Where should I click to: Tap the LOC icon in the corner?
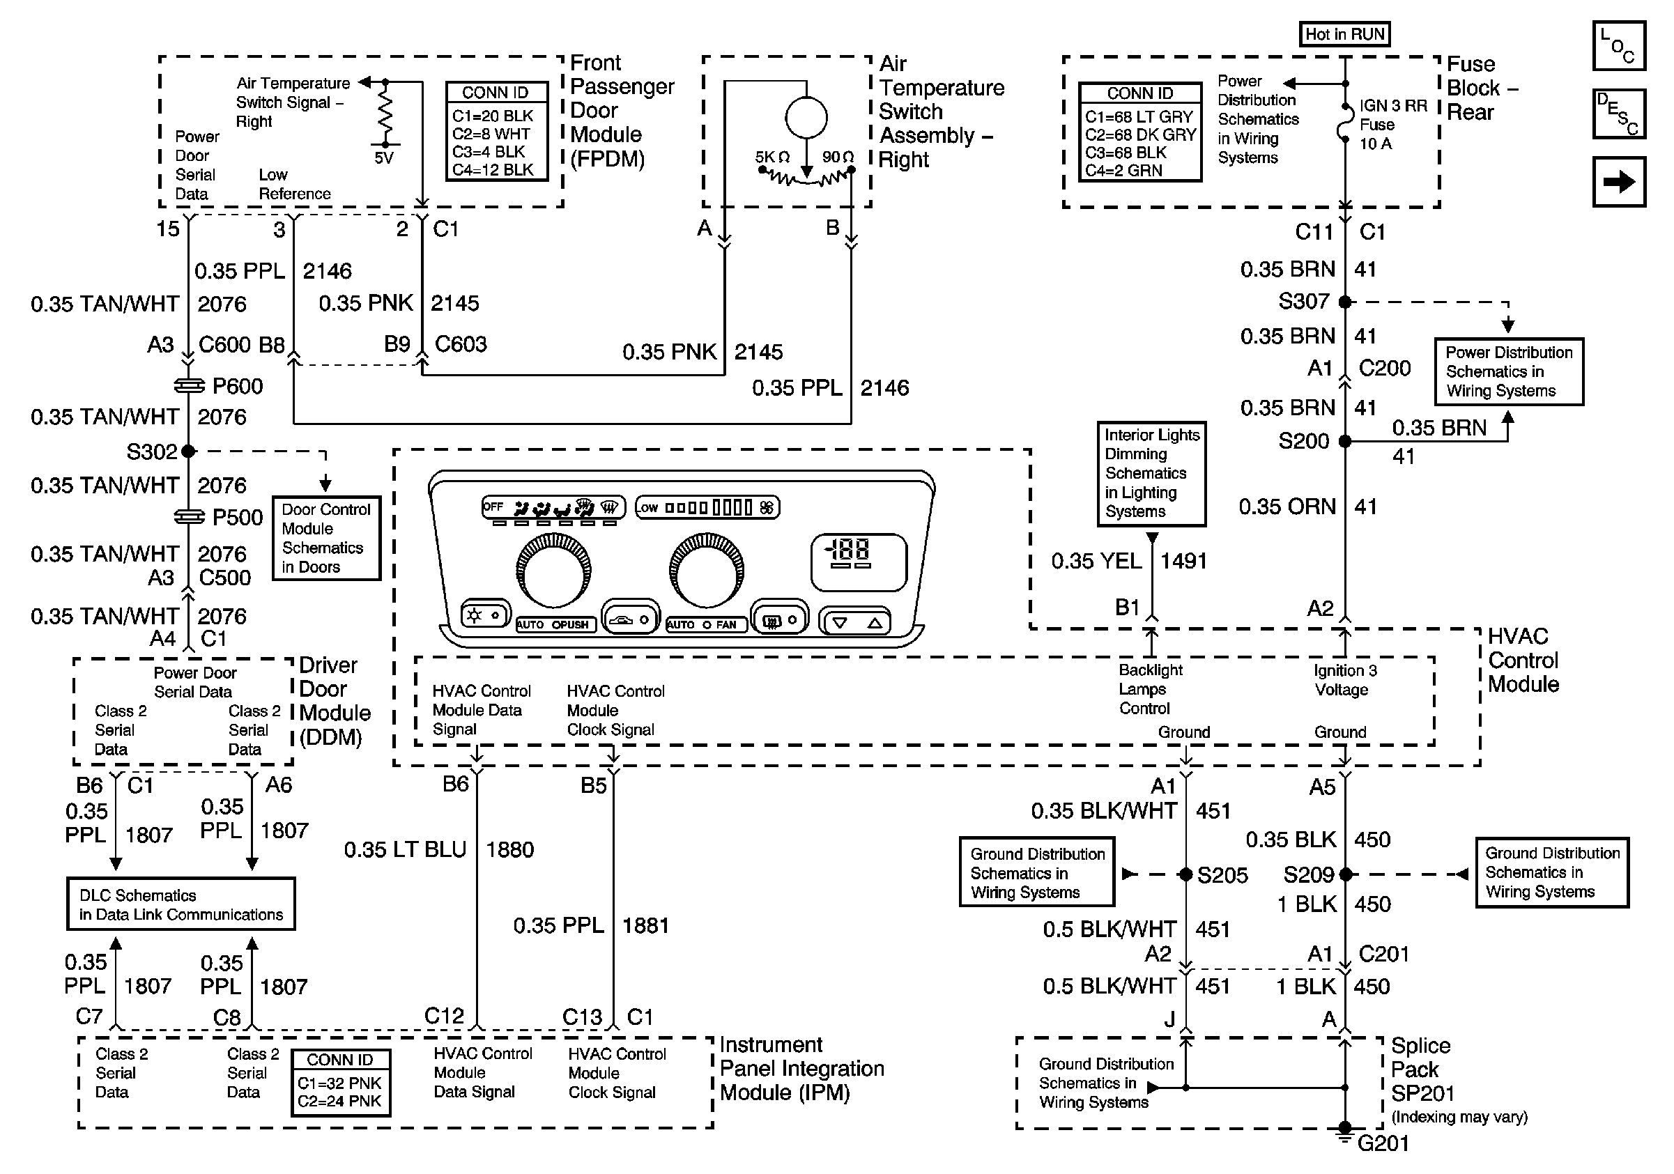click(x=1618, y=46)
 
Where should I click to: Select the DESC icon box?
click(x=1618, y=114)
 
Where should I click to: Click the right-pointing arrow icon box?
click(x=1618, y=181)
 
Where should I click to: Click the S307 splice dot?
click(x=1345, y=302)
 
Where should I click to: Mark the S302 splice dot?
click(x=188, y=451)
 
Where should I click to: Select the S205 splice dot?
click(x=1185, y=874)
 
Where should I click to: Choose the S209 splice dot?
click(x=1345, y=874)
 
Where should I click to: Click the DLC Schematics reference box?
click(x=181, y=904)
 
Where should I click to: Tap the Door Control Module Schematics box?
click(x=326, y=539)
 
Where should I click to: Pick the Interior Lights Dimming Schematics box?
click(x=1151, y=474)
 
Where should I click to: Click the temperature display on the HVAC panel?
click(x=858, y=562)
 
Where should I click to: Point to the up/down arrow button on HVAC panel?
click(x=856, y=622)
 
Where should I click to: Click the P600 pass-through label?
click(x=237, y=386)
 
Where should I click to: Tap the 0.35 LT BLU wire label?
click(x=405, y=850)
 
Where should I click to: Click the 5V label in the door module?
click(x=383, y=158)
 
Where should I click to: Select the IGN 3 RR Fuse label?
click(x=1392, y=125)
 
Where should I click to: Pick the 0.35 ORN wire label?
click(x=1287, y=507)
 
